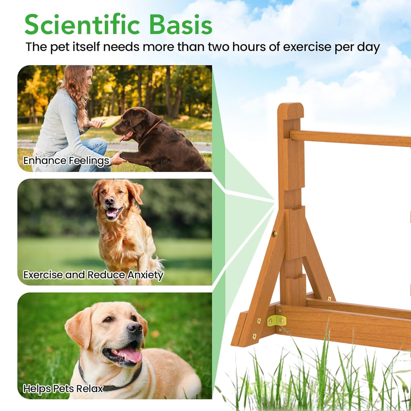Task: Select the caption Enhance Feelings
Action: click(x=66, y=161)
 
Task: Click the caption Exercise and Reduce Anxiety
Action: click(x=93, y=275)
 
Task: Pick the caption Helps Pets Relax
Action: click(x=63, y=388)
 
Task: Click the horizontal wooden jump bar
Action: click(x=350, y=139)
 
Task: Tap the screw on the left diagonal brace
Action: click(x=275, y=234)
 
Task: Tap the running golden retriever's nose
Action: click(x=109, y=201)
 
